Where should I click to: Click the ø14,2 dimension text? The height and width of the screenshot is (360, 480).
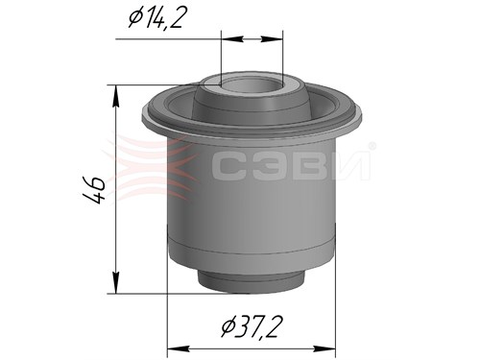156,17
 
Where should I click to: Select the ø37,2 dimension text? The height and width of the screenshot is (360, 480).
252,326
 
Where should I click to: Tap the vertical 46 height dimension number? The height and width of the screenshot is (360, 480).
95,189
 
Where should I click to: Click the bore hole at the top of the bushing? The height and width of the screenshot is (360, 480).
252,85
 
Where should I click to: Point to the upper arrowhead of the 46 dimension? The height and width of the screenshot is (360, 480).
116,97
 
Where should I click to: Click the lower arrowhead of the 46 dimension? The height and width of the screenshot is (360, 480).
116,282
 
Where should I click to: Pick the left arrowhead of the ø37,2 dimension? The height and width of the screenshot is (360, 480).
179,348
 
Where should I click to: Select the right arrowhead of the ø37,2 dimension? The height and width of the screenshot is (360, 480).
324,348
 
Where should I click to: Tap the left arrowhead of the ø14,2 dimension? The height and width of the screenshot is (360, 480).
232,39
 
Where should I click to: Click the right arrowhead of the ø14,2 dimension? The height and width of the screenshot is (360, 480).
272,39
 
